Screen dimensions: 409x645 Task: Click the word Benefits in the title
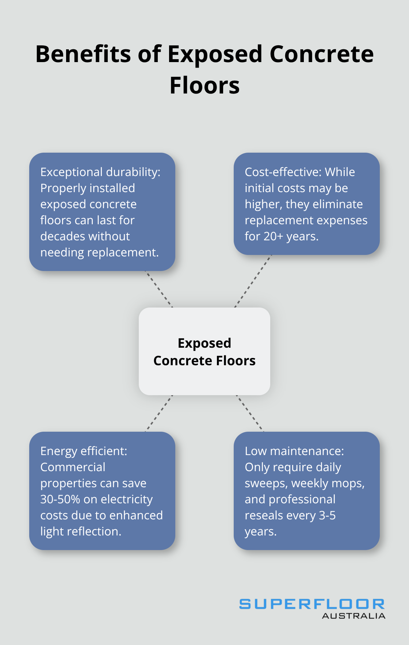click(84, 54)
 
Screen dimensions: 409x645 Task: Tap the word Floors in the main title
click(204, 85)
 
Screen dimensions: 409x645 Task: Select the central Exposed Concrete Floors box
click(204, 351)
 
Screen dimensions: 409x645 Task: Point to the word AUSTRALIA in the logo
click(353, 616)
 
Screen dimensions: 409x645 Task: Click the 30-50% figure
click(60, 499)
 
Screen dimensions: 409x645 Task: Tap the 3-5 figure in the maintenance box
click(327, 515)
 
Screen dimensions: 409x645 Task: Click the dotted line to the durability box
click(159, 289)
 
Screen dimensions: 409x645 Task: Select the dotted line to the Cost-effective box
click(253, 281)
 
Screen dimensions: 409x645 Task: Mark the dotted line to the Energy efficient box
click(159, 413)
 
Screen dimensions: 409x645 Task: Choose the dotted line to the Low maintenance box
click(250, 413)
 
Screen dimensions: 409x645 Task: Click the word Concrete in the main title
click(322, 54)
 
